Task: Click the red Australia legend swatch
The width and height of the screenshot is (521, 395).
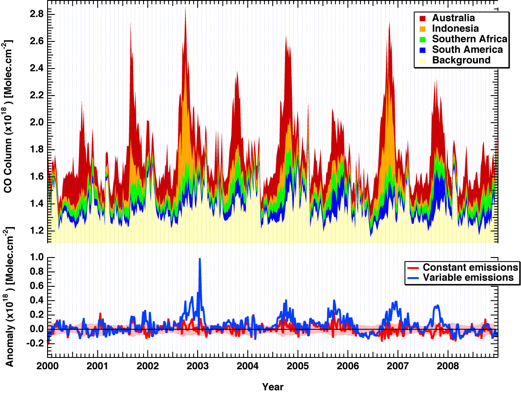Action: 422,18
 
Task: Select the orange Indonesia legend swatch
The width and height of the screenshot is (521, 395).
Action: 422,29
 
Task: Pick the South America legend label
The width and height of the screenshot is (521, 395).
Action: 467,50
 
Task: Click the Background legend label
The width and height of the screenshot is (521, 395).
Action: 461,60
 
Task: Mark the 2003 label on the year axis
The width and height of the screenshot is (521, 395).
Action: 198,365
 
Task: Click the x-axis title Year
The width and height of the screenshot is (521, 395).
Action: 273,387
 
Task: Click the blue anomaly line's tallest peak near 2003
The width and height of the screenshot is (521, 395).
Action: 200,259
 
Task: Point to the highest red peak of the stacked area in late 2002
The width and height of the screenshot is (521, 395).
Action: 185,9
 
